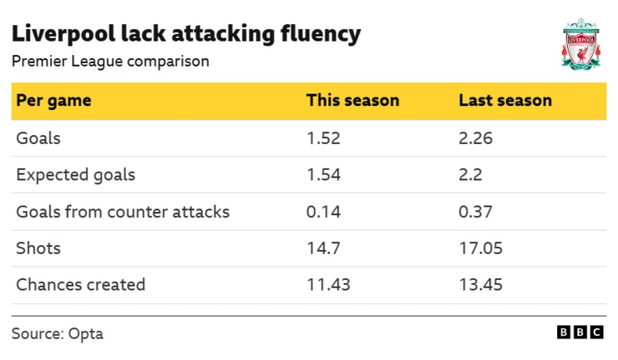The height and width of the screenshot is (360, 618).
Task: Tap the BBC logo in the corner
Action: tap(578, 332)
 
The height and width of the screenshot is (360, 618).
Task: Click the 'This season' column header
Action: tap(352, 100)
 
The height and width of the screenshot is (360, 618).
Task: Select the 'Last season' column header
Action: tap(505, 100)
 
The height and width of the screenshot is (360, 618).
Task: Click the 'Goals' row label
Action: tap(39, 138)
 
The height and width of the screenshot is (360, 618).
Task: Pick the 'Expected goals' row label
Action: tap(75, 175)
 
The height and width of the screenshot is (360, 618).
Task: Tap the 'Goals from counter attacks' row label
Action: tap(123, 211)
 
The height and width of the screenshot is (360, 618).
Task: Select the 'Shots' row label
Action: tap(39, 248)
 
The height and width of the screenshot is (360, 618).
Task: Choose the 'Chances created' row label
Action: tap(80, 285)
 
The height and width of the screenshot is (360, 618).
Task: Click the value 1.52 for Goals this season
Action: tap(323, 138)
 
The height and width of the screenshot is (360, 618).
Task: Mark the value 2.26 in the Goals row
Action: tap(476, 138)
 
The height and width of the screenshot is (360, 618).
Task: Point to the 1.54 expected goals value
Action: tap(323, 175)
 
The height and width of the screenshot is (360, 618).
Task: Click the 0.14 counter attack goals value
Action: tap(323, 211)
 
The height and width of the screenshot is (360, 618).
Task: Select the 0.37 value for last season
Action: tap(476, 211)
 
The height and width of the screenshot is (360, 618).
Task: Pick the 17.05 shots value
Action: tap(480, 248)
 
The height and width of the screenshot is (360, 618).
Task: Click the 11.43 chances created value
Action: tap(327, 285)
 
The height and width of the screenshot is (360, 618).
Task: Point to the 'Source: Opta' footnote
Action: tap(57, 334)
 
